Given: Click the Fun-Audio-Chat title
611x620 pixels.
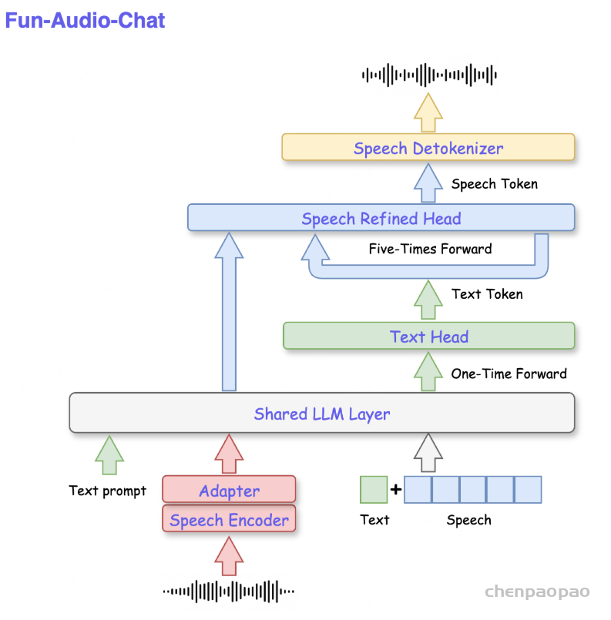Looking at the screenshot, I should (x=86, y=21).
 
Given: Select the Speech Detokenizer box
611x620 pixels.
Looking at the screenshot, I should (x=428, y=147).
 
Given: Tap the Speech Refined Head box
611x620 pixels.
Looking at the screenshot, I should (x=381, y=218).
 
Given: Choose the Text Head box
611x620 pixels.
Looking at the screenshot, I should (x=428, y=337).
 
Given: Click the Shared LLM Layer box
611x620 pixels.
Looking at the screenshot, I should (x=321, y=414).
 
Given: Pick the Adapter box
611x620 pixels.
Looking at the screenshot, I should (x=229, y=490).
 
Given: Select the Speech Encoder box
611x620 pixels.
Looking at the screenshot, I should (x=229, y=520).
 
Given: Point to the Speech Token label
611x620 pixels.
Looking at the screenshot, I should (x=494, y=184).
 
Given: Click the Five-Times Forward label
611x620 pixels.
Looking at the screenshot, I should (x=430, y=249).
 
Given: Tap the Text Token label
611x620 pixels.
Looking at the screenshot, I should (x=487, y=293).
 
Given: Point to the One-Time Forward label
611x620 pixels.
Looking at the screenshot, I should (x=509, y=374).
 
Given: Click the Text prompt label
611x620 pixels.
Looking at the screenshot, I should (x=107, y=491).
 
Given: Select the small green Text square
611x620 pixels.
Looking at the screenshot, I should (x=374, y=490).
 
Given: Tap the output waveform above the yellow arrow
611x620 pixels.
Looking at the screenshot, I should (x=429, y=75).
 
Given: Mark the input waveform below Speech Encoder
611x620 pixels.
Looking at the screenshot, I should (x=229, y=592).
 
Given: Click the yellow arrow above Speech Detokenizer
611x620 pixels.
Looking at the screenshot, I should (x=428, y=113).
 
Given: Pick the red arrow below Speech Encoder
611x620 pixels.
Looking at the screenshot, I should (x=229, y=556).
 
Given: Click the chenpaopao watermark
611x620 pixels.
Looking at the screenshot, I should (x=537, y=592).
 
